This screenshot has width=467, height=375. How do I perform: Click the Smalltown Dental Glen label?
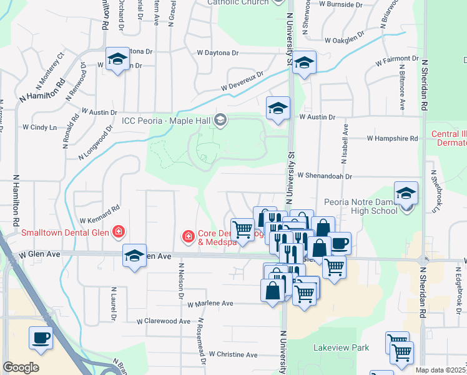coord(64,232)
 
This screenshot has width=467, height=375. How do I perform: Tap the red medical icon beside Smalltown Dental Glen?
coord(118,232)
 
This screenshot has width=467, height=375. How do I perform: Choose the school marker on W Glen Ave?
coord(134,256)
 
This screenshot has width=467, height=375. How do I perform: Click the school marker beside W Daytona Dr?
coord(117,59)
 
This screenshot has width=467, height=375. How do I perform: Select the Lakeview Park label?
coord(341,347)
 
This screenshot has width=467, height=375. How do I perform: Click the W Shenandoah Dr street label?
coord(325,177)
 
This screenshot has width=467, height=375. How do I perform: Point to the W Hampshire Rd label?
coord(392,138)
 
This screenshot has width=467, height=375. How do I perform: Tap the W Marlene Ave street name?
coord(210,304)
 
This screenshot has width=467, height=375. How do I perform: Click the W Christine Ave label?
coord(233,354)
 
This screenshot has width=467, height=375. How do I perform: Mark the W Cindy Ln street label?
coord(39,127)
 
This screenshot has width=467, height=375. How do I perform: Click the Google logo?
coord(21,367)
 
